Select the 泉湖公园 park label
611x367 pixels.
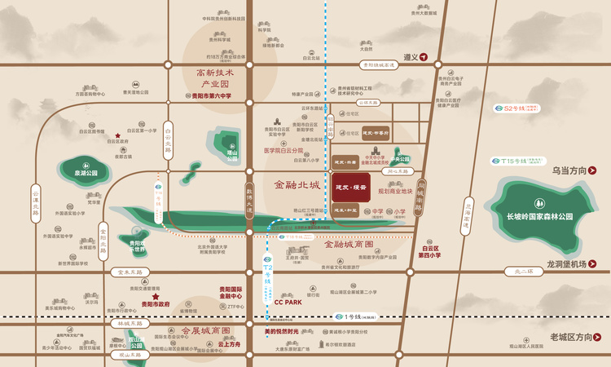tap(84, 173)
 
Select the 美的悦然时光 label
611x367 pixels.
tap(282, 332)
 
